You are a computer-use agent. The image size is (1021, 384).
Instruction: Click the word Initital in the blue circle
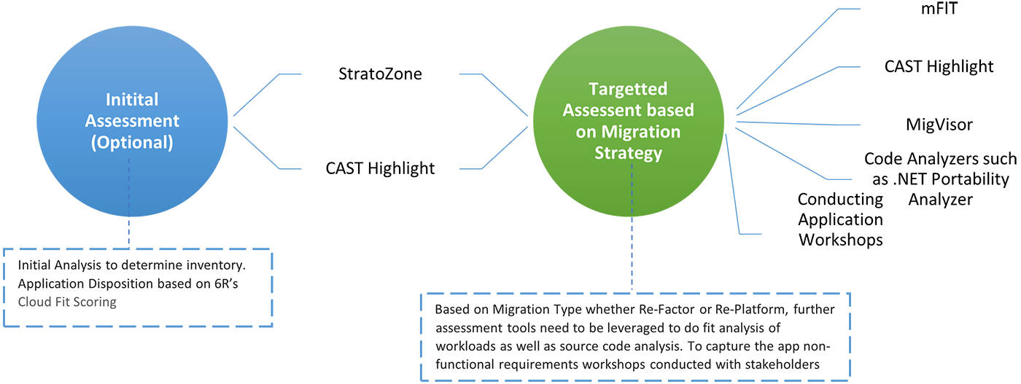(x=132, y=100)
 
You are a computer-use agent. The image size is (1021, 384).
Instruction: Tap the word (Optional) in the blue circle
(x=132, y=142)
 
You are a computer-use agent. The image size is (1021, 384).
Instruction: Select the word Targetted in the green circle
(x=628, y=90)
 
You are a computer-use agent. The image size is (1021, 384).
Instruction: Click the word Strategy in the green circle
(x=628, y=153)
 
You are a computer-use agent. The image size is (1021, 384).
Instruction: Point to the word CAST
(x=345, y=169)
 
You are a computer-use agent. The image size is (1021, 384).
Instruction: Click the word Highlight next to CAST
(x=401, y=169)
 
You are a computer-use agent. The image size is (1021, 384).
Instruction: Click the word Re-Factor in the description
(x=676, y=310)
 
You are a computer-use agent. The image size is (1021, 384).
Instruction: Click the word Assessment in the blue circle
(x=132, y=121)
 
